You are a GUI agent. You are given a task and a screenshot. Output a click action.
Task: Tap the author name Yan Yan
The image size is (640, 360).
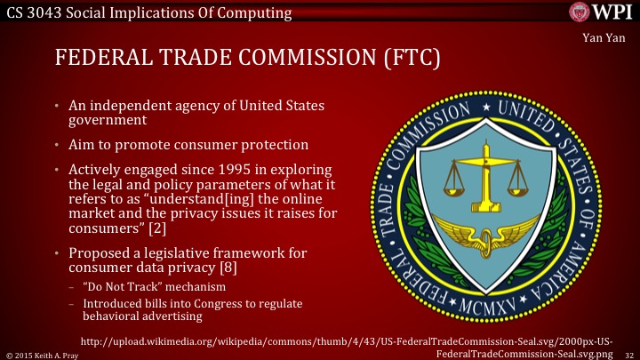(611, 37)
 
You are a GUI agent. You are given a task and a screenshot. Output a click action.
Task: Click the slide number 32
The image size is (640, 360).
(628, 353)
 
